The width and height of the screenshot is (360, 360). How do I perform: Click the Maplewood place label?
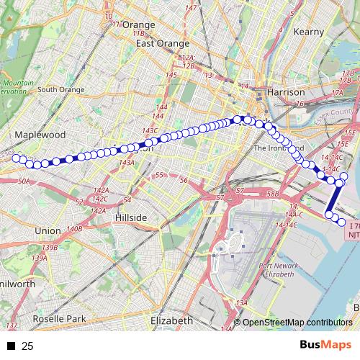pyautogui.click(x=40, y=135)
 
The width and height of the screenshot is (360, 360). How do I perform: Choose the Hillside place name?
pyautogui.click(x=131, y=217)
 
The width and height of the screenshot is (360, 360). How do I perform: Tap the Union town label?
pyautogui.click(x=48, y=230)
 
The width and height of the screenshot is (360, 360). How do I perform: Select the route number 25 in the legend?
pyautogui.click(x=28, y=346)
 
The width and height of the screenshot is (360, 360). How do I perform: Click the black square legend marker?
pyautogui.click(x=11, y=346)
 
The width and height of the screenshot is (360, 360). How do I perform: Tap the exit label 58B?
pyautogui.click(x=272, y=194)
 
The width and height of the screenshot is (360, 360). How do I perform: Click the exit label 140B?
pyautogui.click(x=74, y=228)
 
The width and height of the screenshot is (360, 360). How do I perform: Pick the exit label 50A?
pyautogui.click(x=24, y=181)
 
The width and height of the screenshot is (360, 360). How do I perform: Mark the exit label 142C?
pyautogui.click(x=100, y=198)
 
